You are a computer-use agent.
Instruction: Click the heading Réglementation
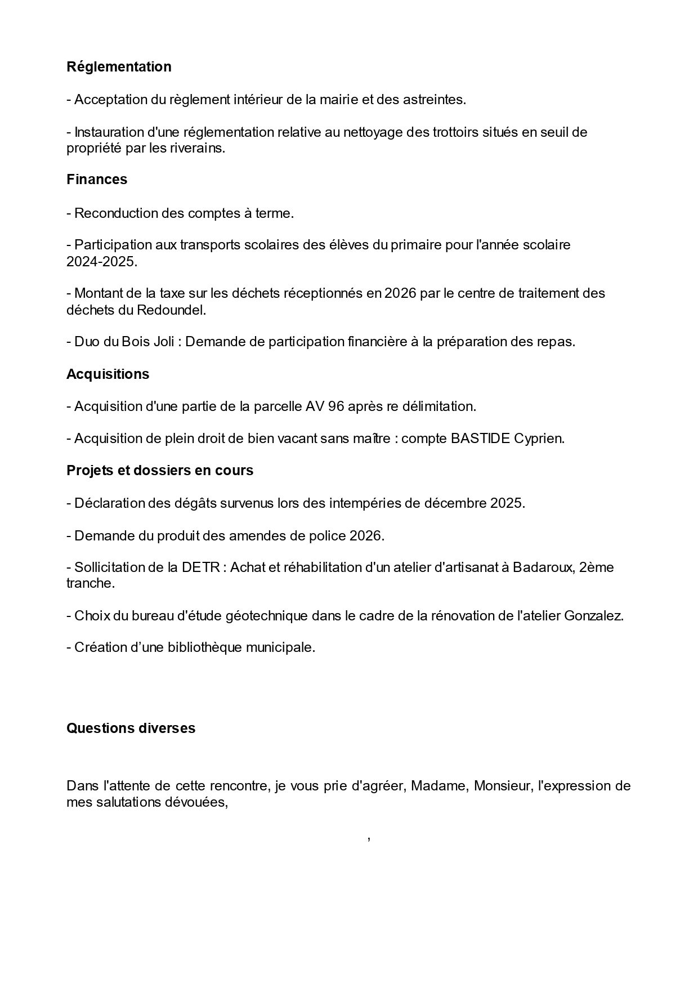point(119,66)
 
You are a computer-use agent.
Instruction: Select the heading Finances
point(97,179)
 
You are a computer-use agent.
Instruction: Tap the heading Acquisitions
point(108,374)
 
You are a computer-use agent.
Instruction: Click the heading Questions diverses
point(131,728)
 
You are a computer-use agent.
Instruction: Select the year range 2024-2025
point(101,262)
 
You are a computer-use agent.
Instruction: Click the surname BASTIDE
point(480,438)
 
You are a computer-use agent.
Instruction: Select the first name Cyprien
point(539,438)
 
